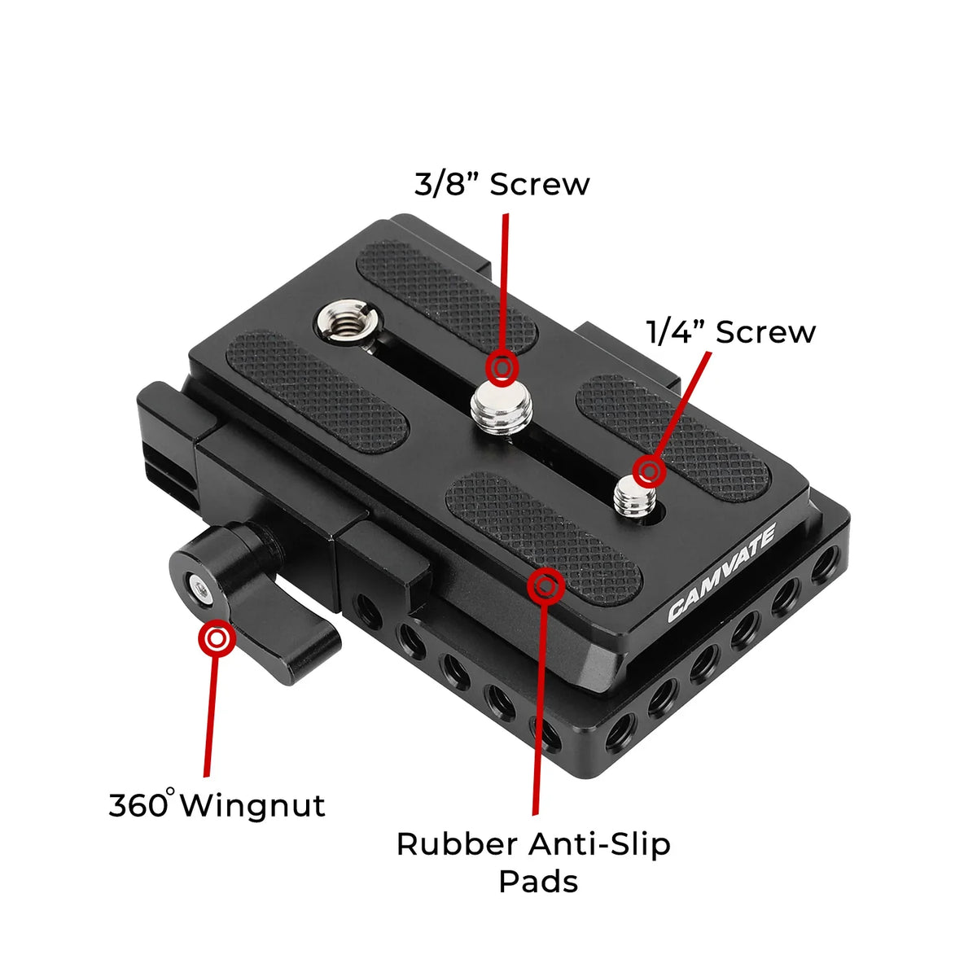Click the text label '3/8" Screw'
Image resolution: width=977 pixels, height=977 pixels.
coord(502,185)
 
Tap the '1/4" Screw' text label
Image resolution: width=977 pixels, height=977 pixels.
coord(730,332)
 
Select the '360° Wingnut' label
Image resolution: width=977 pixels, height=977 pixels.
coord(217,805)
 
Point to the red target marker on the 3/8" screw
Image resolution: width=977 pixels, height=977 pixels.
coord(502,368)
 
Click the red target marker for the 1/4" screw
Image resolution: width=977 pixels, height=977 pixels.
coord(649,471)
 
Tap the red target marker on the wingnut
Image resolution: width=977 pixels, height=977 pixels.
coord(217,639)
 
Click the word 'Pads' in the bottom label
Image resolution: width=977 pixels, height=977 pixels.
coord(538,881)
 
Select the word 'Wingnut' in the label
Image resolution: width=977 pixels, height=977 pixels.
coord(252,805)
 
